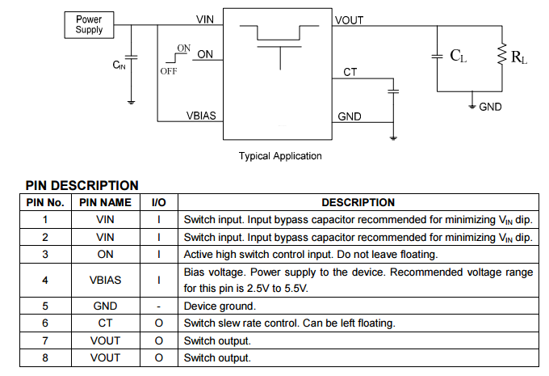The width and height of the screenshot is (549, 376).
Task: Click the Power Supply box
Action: tap(89, 24)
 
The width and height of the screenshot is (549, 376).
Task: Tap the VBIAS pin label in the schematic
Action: tap(201, 116)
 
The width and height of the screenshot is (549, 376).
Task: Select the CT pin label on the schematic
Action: tap(350, 73)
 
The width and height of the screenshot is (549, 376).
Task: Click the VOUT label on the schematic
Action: tap(349, 20)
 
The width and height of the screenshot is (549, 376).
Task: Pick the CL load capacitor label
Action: tap(458, 56)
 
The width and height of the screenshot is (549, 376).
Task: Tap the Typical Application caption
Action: tap(280, 156)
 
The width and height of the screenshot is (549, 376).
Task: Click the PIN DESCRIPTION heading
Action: tap(82, 185)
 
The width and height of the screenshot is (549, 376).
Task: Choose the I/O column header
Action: tap(159, 203)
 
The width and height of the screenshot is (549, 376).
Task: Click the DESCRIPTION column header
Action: tap(358, 203)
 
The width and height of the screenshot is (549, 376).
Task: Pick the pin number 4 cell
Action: tap(45, 281)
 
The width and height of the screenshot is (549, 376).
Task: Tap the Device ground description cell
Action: tap(220, 306)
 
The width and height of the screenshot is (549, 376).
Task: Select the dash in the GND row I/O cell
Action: tap(159, 306)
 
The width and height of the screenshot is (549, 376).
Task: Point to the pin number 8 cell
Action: tap(45, 357)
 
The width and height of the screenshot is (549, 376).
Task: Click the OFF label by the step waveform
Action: tap(168, 70)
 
